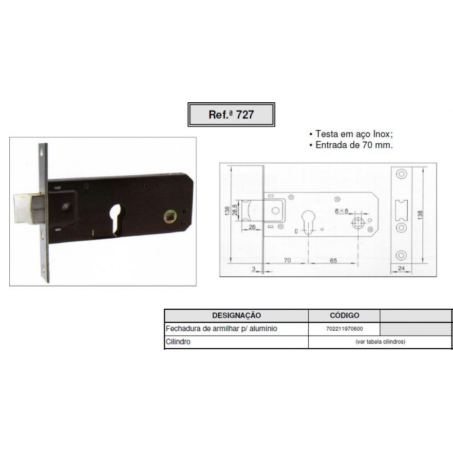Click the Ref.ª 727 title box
tap(231, 114)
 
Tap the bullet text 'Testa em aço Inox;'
tap(354, 134)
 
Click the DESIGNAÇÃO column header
tap(236, 315)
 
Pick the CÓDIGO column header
tap(344, 315)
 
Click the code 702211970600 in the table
tap(344, 329)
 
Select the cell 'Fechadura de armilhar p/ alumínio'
tap(221, 328)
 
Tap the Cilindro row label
tap(178, 342)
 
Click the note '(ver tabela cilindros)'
tap(380, 342)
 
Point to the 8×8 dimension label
tap(341, 211)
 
